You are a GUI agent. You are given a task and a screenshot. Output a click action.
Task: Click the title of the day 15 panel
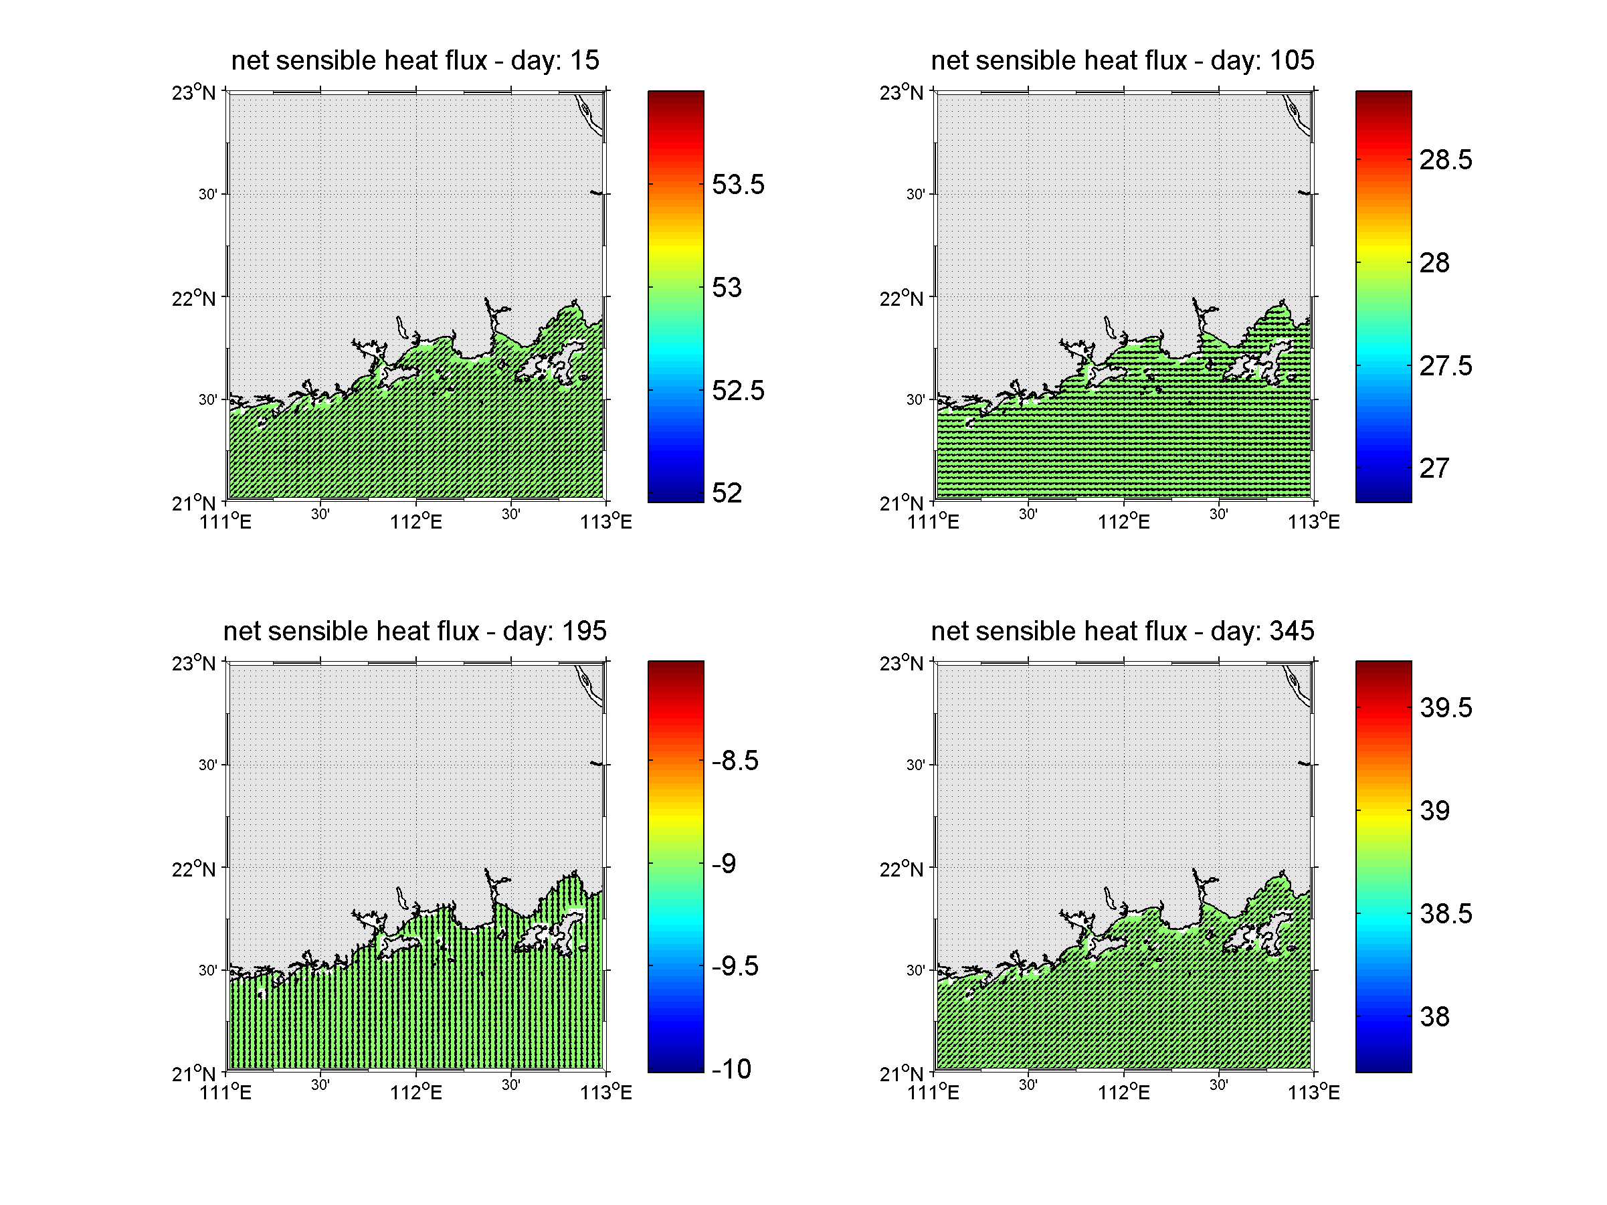415,60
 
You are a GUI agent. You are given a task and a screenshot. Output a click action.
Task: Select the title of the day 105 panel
1123,60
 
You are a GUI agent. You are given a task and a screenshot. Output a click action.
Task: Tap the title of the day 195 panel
415,631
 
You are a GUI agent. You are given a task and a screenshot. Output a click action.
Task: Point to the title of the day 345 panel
1123,631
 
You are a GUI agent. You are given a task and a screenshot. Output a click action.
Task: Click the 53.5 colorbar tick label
737,185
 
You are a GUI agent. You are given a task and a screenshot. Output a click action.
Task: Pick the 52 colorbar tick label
727,493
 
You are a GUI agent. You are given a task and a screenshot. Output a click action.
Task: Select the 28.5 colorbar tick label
1445,160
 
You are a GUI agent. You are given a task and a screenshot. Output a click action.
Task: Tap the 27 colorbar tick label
1434,468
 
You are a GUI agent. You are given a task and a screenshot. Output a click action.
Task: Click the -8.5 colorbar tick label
735,761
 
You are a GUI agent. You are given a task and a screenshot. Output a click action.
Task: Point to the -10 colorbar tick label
731,1069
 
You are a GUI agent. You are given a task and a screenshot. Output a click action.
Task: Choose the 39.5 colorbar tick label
1445,707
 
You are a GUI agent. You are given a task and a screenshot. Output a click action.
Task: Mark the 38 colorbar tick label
1434,1017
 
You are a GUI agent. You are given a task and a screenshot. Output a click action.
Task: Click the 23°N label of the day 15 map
194,93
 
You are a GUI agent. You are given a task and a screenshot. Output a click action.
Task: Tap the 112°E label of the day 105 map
1123,521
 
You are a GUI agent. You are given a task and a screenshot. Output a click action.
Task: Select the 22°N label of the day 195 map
194,869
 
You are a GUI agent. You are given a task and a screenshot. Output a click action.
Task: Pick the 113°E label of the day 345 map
1313,1093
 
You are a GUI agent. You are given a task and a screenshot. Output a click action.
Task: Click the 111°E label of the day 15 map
225,521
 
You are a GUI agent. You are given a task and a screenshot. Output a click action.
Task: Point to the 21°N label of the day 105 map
902,502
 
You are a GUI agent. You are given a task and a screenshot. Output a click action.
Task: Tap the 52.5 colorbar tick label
737,391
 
